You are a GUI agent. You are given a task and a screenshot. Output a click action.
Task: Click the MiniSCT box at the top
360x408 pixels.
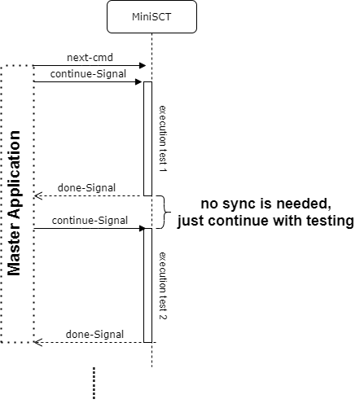pos(151,17)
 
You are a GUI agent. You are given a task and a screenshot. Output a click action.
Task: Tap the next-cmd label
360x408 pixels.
pos(90,58)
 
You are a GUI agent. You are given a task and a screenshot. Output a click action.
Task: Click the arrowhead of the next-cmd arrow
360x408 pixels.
pos(143,65)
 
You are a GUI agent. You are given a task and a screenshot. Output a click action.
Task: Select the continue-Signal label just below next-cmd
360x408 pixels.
pos(88,74)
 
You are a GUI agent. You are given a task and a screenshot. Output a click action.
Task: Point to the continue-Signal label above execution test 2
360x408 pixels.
pos(90,221)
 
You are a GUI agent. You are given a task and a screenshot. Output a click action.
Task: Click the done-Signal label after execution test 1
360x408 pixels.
pos(86,188)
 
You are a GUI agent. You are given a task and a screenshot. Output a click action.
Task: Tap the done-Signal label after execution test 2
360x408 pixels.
pos(94,335)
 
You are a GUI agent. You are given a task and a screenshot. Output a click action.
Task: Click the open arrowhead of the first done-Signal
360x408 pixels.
pos(38,195)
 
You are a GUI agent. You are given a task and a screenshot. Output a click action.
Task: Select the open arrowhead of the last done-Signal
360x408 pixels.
pos(38,342)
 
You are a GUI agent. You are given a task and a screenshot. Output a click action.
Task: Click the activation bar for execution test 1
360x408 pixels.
pos(147,138)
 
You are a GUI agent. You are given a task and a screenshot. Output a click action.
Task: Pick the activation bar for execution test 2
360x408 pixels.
pos(147,285)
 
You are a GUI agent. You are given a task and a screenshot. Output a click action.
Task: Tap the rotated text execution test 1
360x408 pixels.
pos(163,138)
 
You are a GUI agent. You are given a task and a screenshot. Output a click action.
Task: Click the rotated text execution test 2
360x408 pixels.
pos(163,286)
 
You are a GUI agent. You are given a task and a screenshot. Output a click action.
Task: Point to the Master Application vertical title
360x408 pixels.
pos(14,204)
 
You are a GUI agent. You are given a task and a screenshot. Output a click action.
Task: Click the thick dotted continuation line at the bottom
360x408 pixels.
pos(94,383)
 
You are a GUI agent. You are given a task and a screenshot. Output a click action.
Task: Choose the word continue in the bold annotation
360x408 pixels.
pos(239,221)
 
